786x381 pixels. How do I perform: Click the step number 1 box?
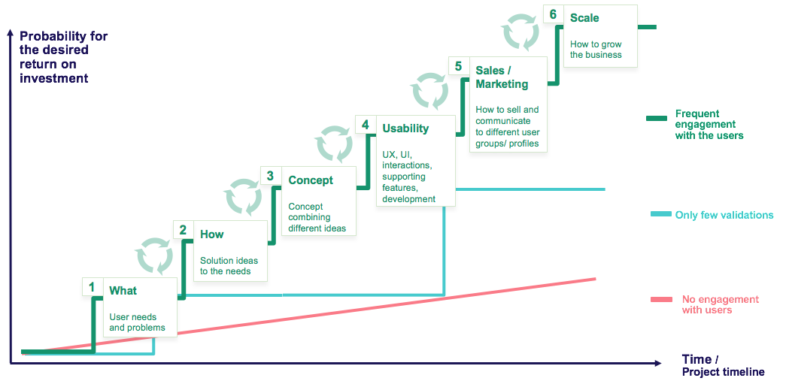(92, 287)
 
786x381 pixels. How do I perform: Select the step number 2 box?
(183, 230)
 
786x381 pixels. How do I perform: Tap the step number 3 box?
(270, 176)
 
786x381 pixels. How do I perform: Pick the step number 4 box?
(366, 125)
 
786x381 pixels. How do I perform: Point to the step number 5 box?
(458, 67)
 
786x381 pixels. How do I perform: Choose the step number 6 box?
(553, 15)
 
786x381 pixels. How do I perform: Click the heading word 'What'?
(123, 291)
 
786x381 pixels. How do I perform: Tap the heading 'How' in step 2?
(211, 234)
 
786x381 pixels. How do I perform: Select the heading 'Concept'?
(311, 180)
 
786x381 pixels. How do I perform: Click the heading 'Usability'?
(405, 129)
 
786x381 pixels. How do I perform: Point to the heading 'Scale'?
(584, 18)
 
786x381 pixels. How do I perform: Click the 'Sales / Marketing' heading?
(502, 77)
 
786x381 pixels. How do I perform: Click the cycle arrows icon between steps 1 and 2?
(155, 254)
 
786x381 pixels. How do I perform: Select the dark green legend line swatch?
(657, 118)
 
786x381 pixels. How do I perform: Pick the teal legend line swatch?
(660, 215)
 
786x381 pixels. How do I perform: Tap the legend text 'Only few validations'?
(724, 215)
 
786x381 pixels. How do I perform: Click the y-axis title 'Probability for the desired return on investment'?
(64, 57)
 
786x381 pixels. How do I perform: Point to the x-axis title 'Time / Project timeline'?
(723, 365)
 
